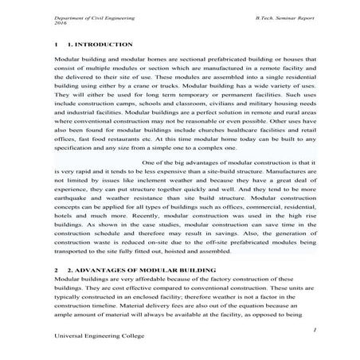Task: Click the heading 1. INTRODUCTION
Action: (x=100, y=45)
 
